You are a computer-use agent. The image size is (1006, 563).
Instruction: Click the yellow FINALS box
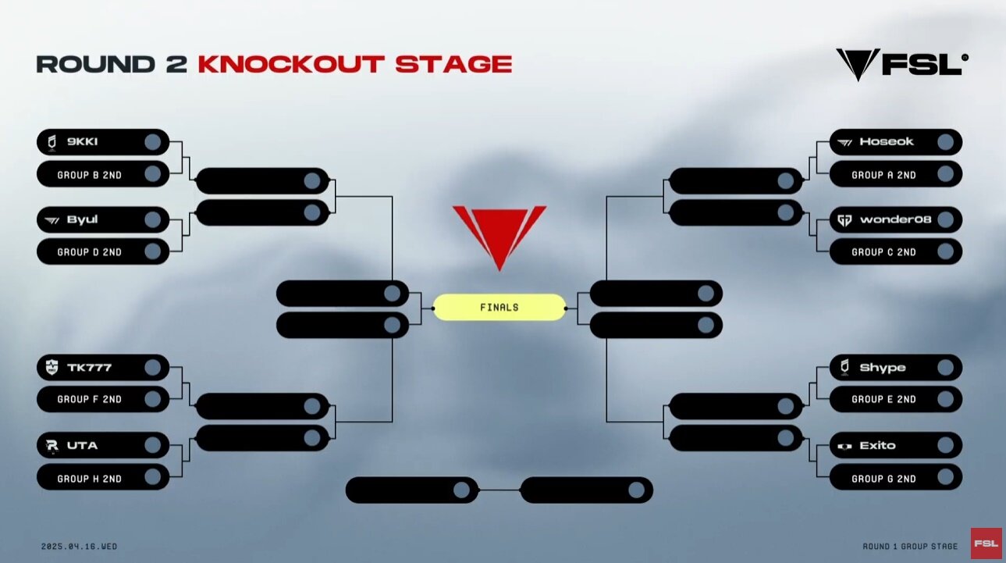pos(499,308)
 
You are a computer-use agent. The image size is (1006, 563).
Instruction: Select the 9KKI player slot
pos(103,142)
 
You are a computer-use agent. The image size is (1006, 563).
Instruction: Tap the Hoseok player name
pos(886,142)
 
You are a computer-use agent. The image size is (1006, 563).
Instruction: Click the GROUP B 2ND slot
pos(103,174)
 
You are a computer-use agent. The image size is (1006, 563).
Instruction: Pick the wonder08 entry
pos(895,219)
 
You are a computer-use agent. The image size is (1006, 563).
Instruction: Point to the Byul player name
pos(82,219)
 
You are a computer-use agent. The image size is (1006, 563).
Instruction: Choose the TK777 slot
pos(103,368)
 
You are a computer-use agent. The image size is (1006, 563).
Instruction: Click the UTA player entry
pos(103,445)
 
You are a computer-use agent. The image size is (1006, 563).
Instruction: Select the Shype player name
pos(882,368)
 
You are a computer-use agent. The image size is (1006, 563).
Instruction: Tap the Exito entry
pos(895,445)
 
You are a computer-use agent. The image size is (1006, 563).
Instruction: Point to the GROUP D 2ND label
pos(90,252)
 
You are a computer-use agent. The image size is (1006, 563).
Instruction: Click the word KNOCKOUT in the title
pos(291,64)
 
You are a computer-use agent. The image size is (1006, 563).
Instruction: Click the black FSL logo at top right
pos(901,65)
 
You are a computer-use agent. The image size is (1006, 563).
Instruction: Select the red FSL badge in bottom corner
pos(986,543)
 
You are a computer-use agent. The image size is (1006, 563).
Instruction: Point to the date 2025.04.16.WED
pos(79,547)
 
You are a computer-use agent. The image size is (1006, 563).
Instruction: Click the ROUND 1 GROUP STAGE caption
pos(910,547)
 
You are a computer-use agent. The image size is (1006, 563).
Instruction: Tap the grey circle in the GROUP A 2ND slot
pos(945,174)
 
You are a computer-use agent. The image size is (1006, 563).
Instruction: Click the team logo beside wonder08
pos(844,220)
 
